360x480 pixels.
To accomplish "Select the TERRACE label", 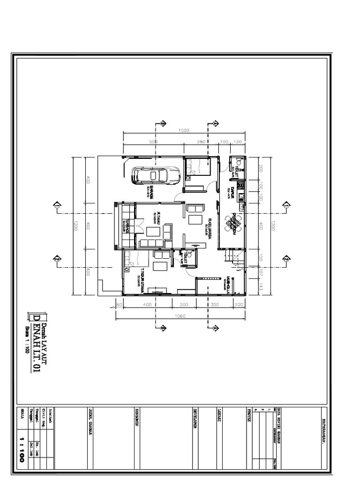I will tap(127, 225).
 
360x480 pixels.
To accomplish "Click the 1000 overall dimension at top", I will tap(184, 131).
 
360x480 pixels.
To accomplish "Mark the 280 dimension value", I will tap(202, 142).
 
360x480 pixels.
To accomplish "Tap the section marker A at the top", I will tap(215, 123).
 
